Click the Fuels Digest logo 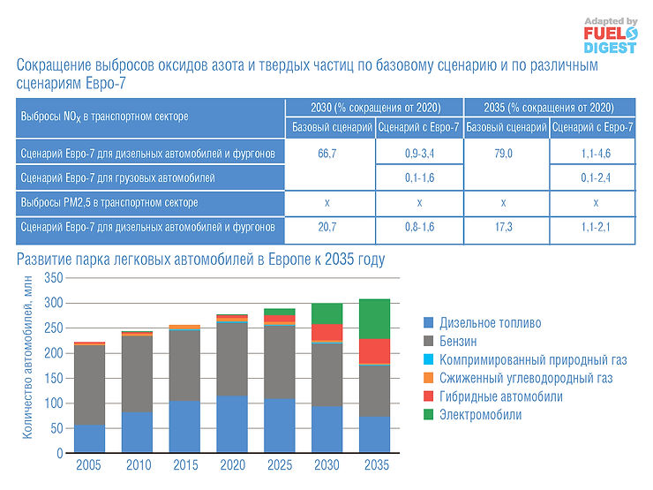click(610, 35)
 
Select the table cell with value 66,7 click(327, 153)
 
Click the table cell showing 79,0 click(503, 153)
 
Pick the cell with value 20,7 click(327, 228)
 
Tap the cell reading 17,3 click(503, 228)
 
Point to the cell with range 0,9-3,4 click(417, 153)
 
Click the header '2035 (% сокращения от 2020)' click(548, 107)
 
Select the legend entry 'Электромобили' click(480, 415)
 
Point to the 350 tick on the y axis click(54, 277)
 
